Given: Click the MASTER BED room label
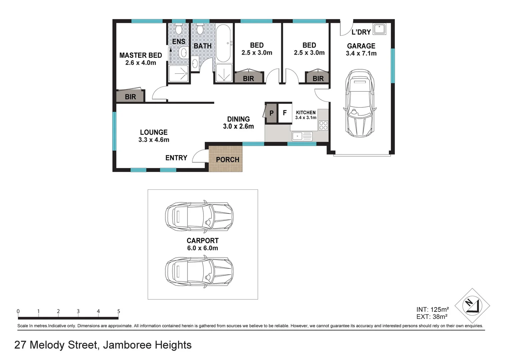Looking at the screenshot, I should (140, 55).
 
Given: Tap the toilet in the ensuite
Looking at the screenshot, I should (178, 30).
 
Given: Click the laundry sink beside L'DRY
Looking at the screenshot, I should (379, 29).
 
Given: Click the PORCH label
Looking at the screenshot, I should (227, 160).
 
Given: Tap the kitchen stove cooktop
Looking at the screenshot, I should (323, 125).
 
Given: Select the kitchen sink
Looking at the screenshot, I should (302, 136).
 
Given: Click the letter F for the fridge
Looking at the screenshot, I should (285, 113).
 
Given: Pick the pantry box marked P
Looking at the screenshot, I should (271, 113).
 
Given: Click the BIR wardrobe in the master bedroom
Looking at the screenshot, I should (130, 97).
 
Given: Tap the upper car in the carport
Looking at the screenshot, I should (199, 217).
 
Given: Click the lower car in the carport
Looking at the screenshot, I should (199, 272).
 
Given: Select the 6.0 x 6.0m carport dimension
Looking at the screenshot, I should (202, 248).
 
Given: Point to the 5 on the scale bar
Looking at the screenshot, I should (118, 311).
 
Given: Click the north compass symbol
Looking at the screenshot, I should (472, 305).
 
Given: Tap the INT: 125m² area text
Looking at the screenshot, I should (432, 310).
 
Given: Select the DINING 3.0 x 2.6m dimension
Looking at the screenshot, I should (238, 126).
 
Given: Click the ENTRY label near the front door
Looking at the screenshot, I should (176, 158).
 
